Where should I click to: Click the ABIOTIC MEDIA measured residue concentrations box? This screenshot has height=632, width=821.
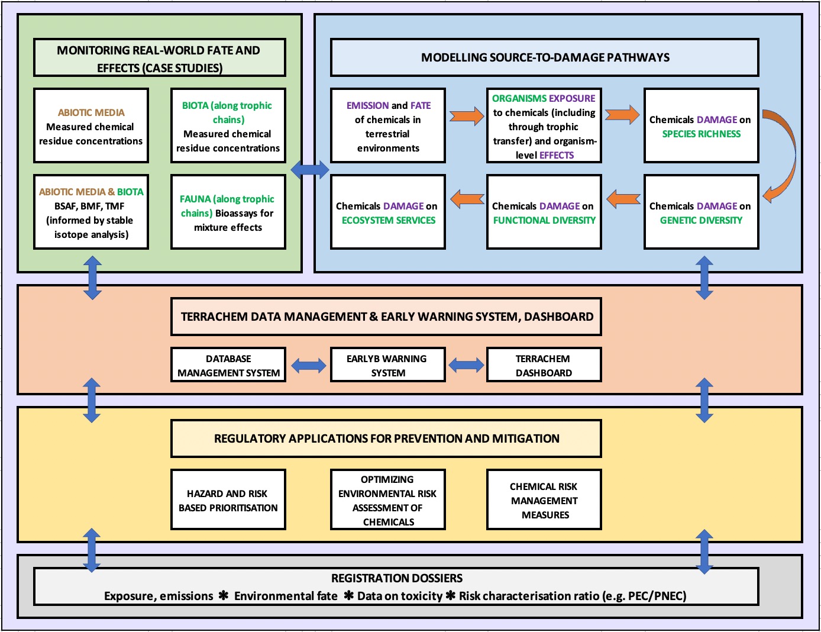[x=91, y=125]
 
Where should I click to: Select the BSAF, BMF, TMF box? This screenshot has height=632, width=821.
[x=91, y=212]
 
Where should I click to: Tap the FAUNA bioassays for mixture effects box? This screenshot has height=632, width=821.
[x=228, y=212]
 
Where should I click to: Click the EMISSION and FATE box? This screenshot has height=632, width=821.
[x=388, y=125]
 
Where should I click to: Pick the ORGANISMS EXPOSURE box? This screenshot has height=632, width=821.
[x=544, y=125]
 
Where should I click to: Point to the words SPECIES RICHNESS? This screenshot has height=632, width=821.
[x=701, y=134]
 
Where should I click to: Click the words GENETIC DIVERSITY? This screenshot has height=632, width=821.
[x=701, y=221]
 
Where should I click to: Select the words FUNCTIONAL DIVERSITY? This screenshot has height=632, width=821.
[x=544, y=221]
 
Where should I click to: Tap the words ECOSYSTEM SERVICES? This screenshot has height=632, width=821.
[x=389, y=221]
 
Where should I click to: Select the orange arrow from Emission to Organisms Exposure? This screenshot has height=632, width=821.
[x=466, y=115]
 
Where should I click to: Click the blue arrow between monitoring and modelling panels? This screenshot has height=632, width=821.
[x=309, y=170]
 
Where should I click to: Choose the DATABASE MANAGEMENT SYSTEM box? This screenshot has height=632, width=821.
[x=228, y=365]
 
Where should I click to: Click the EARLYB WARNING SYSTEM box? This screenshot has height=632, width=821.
[x=387, y=365]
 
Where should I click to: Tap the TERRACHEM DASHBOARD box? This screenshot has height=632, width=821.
[x=544, y=365]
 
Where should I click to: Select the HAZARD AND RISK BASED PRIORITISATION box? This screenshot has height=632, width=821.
[x=228, y=500]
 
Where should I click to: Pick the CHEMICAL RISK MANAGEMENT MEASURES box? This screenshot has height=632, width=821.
[x=544, y=500]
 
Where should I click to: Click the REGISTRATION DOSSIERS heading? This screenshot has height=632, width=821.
[x=396, y=578]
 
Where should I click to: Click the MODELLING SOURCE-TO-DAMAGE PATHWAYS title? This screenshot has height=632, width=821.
[x=545, y=57]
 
